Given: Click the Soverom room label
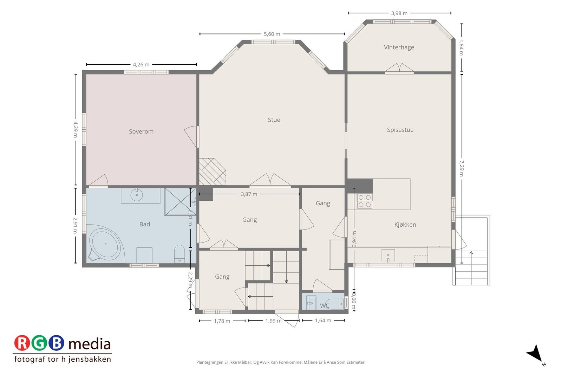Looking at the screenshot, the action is click(x=141, y=131).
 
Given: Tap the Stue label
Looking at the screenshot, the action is click(x=274, y=120).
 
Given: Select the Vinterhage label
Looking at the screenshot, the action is click(x=399, y=47).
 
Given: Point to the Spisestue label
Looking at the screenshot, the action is click(x=400, y=130).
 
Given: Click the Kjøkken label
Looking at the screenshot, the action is click(x=405, y=225).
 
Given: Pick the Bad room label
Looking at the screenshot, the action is click(x=144, y=224).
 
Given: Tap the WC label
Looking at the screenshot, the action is click(x=325, y=306).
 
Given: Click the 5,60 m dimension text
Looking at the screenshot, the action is click(x=272, y=34).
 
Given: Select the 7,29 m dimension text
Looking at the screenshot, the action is click(x=462, y=168).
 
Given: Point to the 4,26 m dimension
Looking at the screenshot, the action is click(x=141, y=65).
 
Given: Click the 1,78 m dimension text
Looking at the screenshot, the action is click(x=222, y=321).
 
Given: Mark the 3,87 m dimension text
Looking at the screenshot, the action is click(x=249, y=194).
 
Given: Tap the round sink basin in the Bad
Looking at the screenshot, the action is click(x=137, y=195).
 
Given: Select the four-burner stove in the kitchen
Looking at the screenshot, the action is click(x=365, y=201).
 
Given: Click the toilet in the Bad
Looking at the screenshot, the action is click(x=179, y=254).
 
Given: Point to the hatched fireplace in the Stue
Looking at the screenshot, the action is click(x=212, y=172).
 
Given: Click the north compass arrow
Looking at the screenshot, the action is click(x=536, y=354).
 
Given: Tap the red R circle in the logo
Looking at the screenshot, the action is click(x=22, y=343).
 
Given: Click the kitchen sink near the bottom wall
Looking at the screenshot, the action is click(x=388, y=255).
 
